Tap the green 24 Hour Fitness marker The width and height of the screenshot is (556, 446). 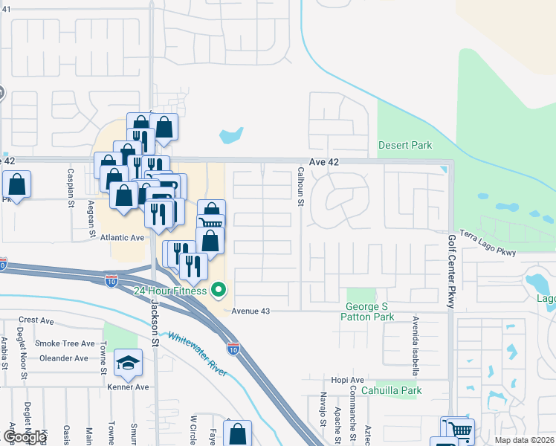(219, 290)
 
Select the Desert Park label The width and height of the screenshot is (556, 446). (405, 145)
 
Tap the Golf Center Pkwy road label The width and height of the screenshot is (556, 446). (451, 272)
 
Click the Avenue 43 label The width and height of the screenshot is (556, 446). (250, 311)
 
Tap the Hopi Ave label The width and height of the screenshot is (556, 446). (347, 379)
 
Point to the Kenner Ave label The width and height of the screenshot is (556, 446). (128, 387)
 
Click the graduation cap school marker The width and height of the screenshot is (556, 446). (129, 363)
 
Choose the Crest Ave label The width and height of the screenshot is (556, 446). (36, 320)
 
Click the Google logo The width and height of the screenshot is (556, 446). (25, 437)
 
